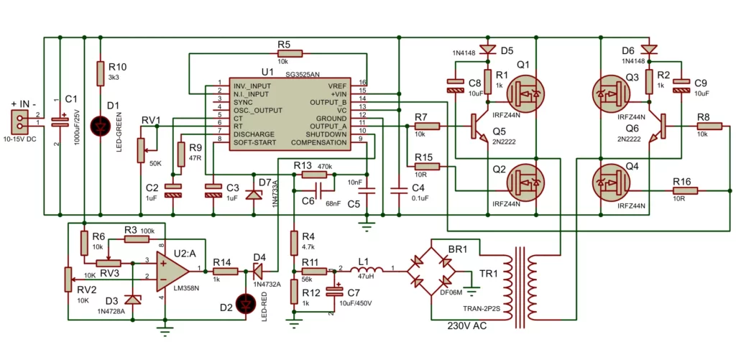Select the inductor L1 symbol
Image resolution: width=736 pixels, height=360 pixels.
(x=362, y=271)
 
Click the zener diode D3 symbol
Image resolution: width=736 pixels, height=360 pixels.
(x=132, y=300)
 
